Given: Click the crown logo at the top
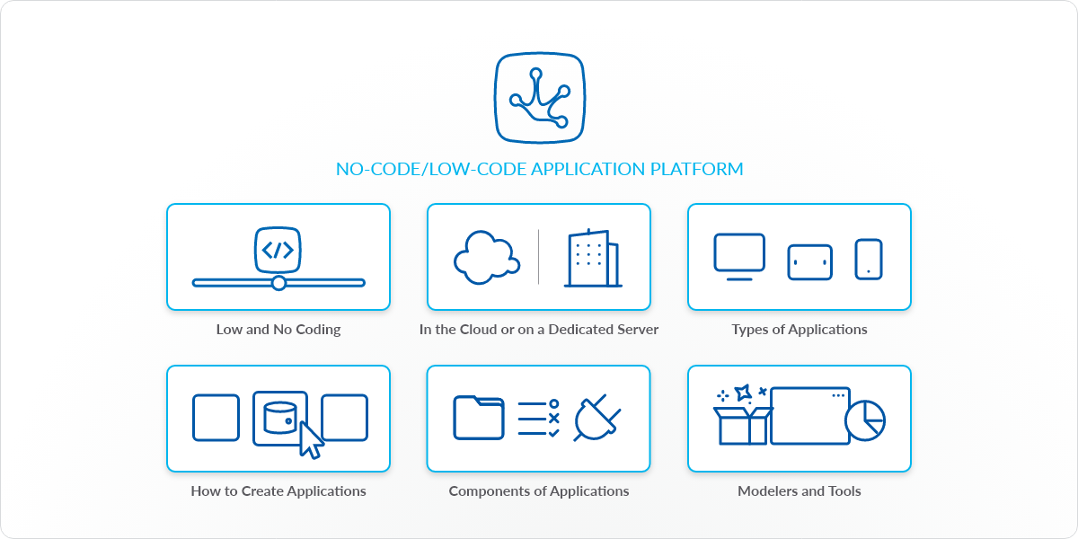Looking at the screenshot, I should [539, 99].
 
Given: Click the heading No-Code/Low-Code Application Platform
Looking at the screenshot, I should [539, 169].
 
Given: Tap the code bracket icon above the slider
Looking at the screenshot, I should [278, 251].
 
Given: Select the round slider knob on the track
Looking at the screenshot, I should [278, 283].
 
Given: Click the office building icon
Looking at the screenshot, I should [592, 259].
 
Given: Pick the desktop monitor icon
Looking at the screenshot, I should [739, 256].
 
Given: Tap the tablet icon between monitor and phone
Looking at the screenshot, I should [810, 261].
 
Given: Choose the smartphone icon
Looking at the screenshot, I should [869, 259].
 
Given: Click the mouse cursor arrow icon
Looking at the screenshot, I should [310, 439].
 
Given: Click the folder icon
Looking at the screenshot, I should [479, 418].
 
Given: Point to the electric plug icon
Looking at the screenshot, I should [596, 418].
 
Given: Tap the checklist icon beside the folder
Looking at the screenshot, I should [539, 419].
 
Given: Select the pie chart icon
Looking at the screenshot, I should [865, 420].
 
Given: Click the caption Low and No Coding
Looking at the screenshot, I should [278, 330].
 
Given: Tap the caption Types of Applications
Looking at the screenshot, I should [800, 330].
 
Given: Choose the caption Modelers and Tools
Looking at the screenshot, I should [800, 491].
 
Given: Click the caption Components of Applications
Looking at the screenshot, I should [539, 491].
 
